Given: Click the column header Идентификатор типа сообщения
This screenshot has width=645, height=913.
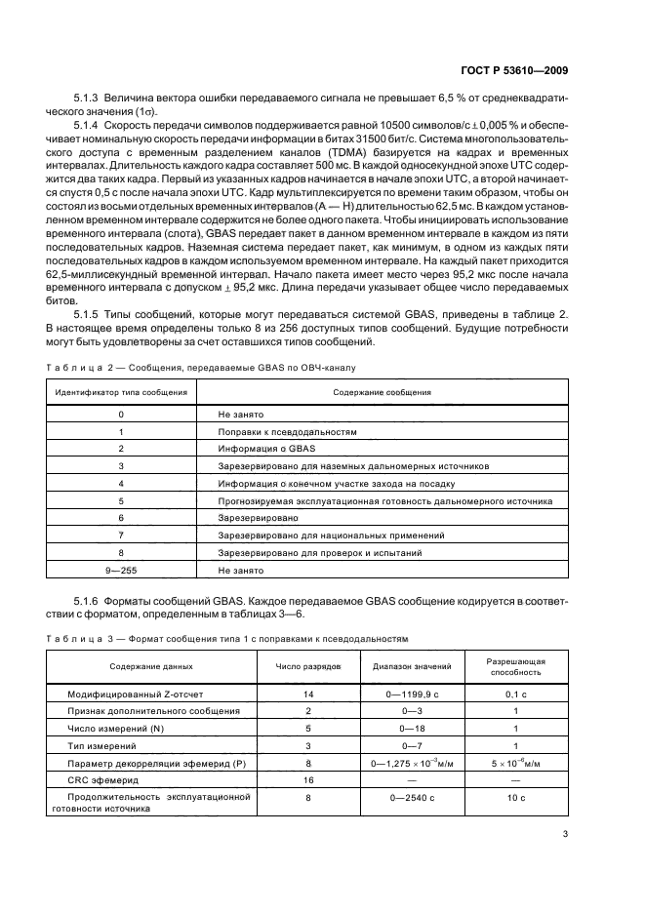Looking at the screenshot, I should click(x=121, y=392).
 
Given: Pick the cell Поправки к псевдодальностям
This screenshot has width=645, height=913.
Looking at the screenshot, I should click(x=288, y=431).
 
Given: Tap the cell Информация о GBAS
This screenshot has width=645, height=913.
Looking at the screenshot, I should click(x=262, y=449).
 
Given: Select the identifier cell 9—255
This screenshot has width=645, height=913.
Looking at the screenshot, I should click(x=121, y=570).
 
